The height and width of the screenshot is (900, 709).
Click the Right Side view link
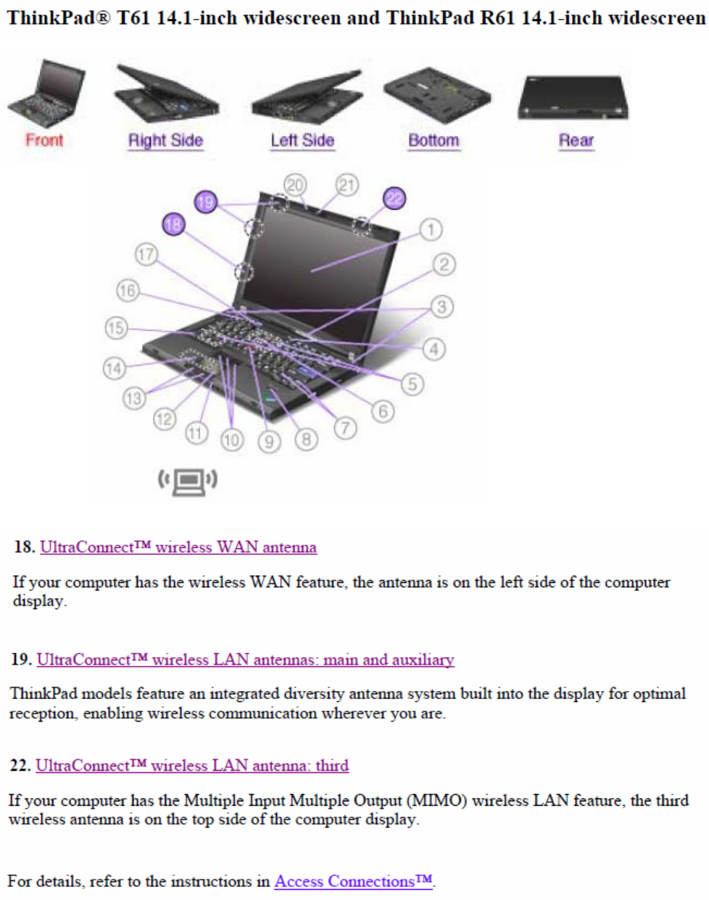point(165,140)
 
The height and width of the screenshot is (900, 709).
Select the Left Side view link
point(302,140)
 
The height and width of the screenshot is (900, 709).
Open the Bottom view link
point(434,140)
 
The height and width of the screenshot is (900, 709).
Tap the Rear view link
point(576,140)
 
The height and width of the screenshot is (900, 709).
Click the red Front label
point(44,140)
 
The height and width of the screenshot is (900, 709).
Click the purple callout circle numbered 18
point(173,224)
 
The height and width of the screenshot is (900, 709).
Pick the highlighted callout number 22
point(394,198)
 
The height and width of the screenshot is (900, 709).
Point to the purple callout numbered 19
point(206,202)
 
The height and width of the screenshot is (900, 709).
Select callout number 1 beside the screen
point(431,230)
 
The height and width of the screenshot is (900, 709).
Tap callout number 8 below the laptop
point(306,439)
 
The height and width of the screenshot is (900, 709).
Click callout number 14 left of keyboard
point(114,368)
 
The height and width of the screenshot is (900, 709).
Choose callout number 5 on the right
point(412,384)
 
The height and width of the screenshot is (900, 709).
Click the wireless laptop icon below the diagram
point(188,480)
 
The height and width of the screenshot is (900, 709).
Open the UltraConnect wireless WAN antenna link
point(178,547)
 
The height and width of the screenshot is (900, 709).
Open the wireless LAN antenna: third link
point(192,765)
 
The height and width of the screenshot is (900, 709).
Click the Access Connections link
point(354,881)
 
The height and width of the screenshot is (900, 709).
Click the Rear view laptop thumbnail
point(573,98)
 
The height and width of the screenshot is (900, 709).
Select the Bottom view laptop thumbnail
point(436,94)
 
